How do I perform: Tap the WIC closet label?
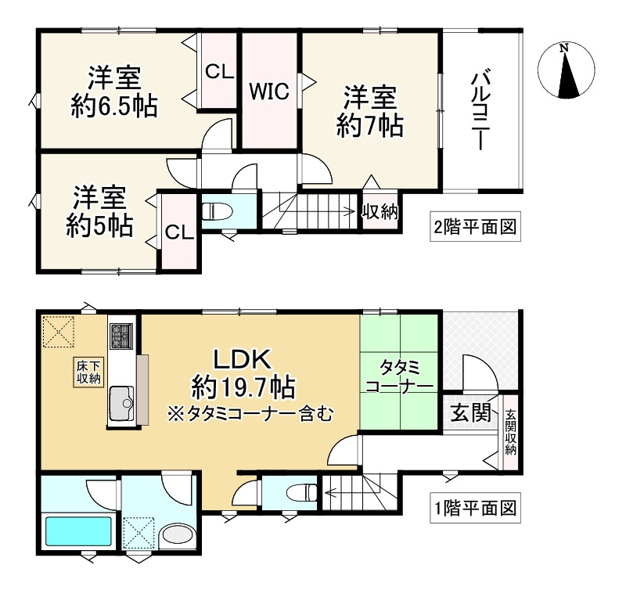click(269, 92)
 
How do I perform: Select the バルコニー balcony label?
click(480, 110)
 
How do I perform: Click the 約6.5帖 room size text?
click(113, 106)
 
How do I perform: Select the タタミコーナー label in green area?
click(399, 377)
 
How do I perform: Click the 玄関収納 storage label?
click(510, 433)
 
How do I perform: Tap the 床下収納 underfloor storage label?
click(88, 372)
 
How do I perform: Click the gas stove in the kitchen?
click(122, 336)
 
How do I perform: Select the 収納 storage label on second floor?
click(380, 211)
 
